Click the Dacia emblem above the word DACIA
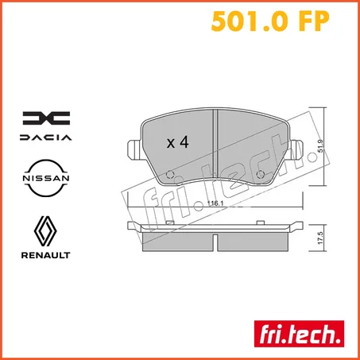(x=46, y=118)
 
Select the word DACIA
(x=46, y=137)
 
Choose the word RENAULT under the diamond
(x=46, y=255)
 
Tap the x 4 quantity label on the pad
(x=176, y=143)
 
